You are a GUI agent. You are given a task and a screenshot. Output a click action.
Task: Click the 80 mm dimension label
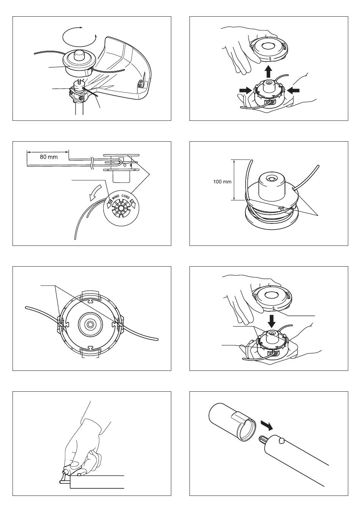click(49, 156)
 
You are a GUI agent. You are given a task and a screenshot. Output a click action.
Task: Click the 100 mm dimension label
click(222, 181)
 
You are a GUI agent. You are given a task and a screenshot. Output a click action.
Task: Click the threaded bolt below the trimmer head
click(80, 81)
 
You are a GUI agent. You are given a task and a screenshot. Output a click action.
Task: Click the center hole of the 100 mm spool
click(271, 177)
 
